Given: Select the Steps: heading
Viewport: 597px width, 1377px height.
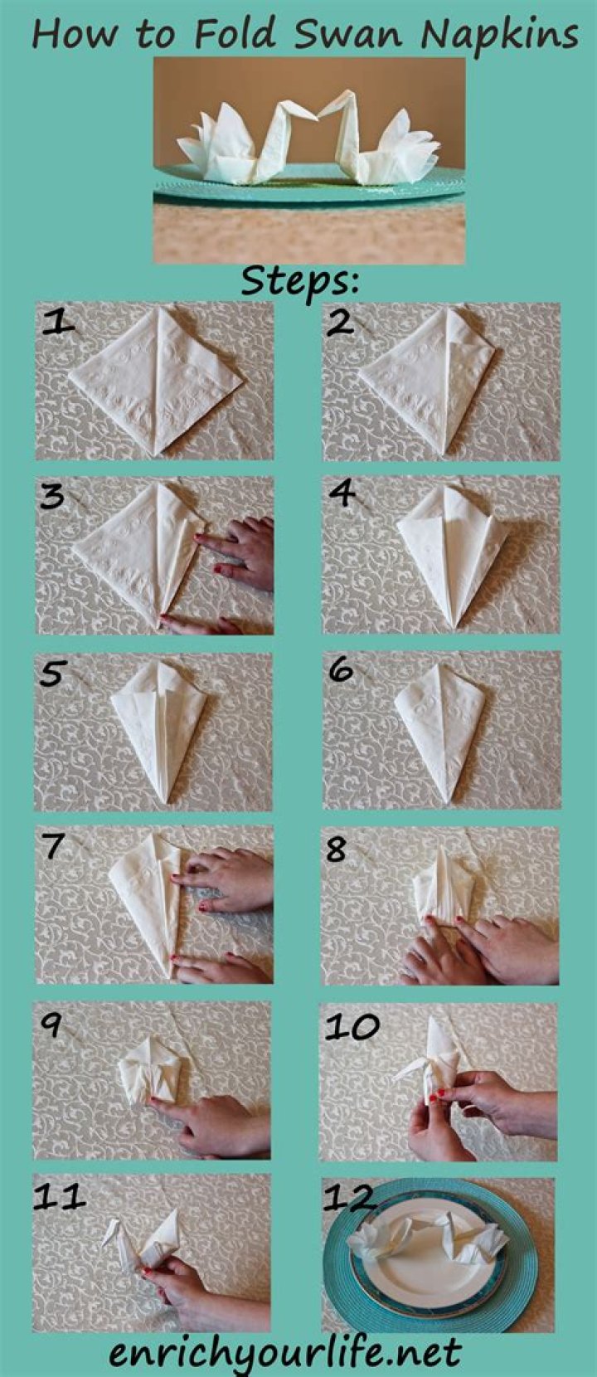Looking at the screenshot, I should tap(300, 282).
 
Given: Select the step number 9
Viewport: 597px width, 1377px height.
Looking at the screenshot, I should tap(51, 1026).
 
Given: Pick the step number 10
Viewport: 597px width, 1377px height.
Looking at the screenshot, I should tap(352, 1026).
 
